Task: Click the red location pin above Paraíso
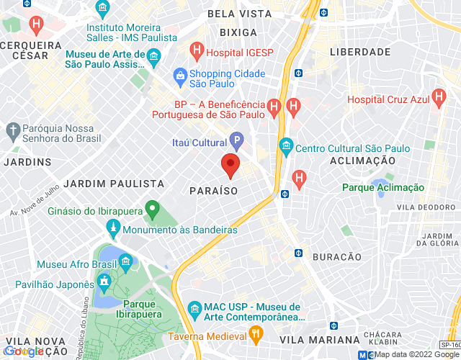[x=230, y=164]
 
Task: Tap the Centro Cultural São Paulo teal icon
[x=286, y=148]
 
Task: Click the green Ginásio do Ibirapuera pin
[x=151, y=211]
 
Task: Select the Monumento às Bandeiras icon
[x=112, y=230]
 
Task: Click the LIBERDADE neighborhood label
[x=359, y=53]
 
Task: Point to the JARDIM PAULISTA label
[x=109, y=184]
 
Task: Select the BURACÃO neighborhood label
[x=337, y=257]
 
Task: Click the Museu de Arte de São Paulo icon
[x=153, y=55]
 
